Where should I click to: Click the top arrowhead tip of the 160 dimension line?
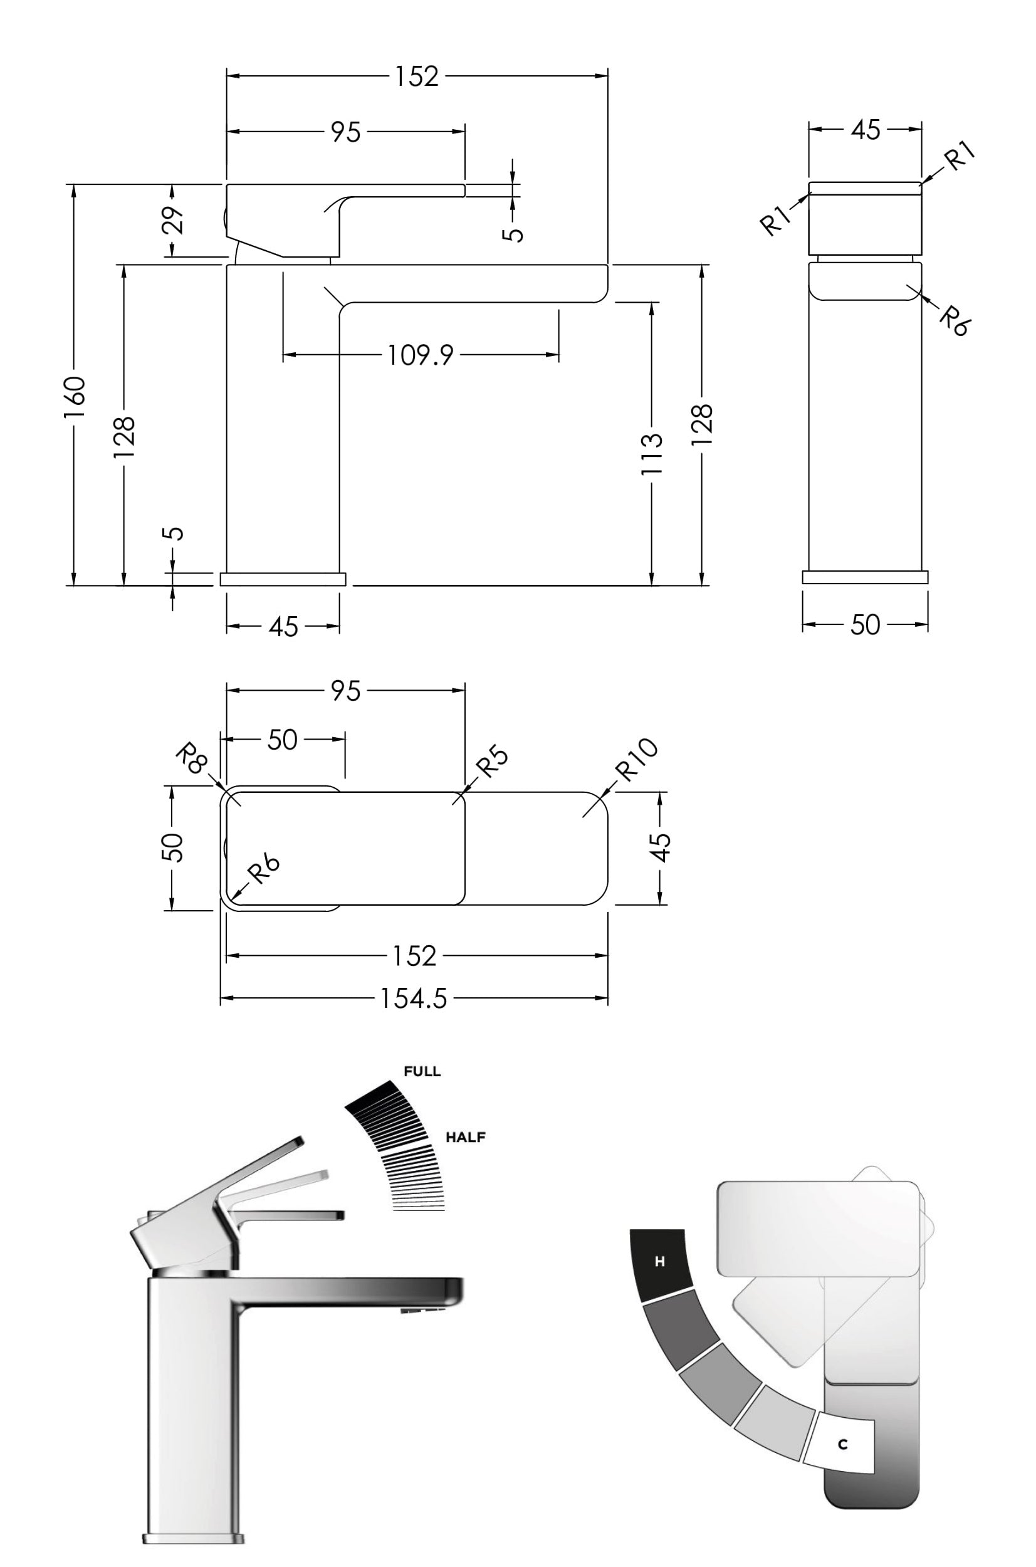[x=74, y=184]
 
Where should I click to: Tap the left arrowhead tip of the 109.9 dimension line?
[x=283, y=355]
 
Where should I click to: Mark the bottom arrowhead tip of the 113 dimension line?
[x=652, y=585]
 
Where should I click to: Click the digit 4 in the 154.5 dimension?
[x=413, y=999]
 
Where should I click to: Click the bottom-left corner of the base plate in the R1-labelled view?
[x=803, y=584]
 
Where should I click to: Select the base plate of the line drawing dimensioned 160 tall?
[x=283, y=579]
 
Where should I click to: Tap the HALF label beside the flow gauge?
[x=466, y=1137]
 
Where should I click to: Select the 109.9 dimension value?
[x=421, y=355]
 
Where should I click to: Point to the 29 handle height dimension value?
[x=173, y=220]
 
